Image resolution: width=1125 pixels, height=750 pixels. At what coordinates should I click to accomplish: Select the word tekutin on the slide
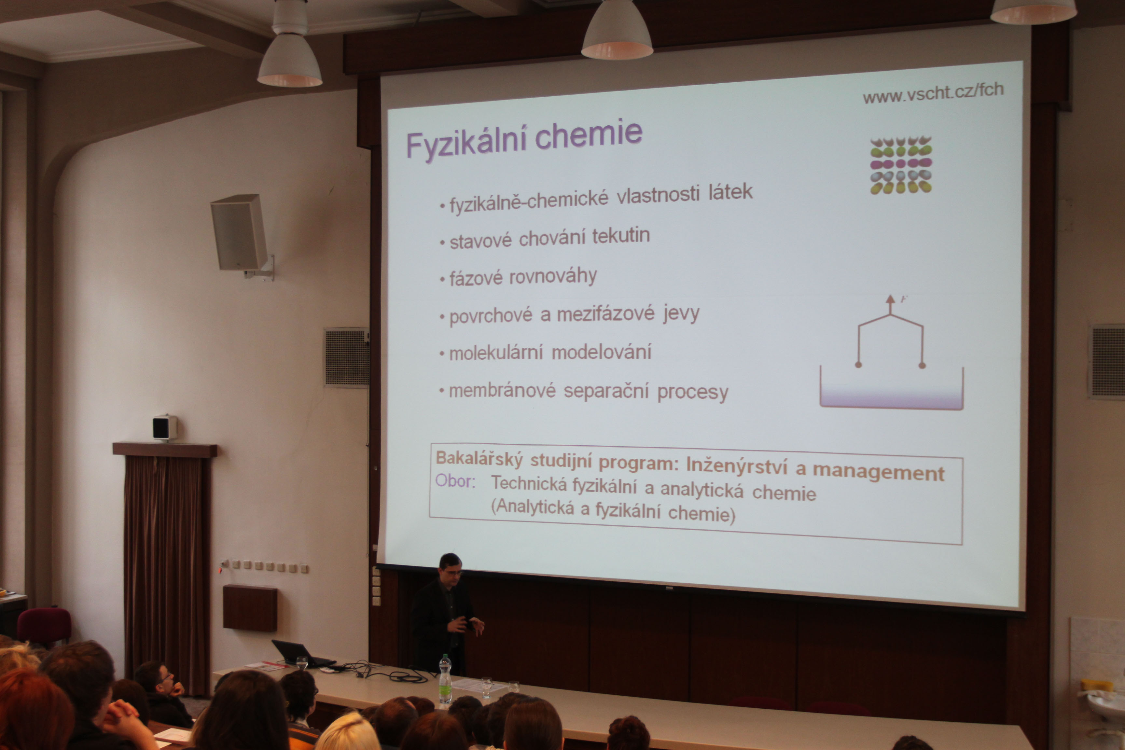[621, 236]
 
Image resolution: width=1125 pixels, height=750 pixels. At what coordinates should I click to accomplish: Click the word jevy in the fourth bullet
[681, 314]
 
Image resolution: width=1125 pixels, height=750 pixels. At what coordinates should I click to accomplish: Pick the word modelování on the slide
[601, 352]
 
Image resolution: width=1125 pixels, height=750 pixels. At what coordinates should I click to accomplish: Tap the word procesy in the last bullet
[693, 393]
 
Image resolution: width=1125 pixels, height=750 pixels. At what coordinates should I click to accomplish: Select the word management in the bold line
[879, 473]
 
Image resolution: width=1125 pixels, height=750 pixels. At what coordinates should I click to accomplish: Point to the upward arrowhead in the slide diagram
[890, 300]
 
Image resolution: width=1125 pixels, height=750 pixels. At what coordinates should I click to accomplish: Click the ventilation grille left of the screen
[346, 357]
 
